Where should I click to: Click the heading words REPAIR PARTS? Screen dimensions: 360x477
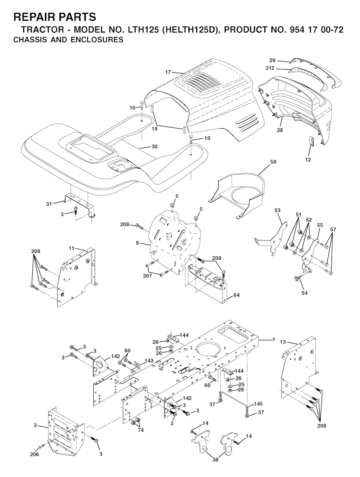[55, 17]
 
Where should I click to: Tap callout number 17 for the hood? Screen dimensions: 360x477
[168, 72]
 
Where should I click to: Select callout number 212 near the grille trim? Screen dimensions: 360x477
[270, 68]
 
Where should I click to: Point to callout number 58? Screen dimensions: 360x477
[273, 162]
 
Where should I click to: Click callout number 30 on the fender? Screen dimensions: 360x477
[154, 147]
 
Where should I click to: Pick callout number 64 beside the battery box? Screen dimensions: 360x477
[236, 295]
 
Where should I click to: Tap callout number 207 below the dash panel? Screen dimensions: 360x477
[148, 276]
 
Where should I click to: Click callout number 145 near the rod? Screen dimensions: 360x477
[258, 404]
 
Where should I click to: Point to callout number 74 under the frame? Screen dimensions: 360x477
[141, 430]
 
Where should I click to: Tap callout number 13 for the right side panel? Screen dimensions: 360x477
[283, 342]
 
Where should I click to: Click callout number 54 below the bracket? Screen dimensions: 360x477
[304, 293]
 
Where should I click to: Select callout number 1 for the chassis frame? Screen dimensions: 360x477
[274, 339]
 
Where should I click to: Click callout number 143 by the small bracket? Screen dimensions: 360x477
[149, 361]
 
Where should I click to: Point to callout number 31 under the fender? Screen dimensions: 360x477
[49, 204]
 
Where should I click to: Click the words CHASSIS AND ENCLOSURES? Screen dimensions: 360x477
[69, 40]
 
